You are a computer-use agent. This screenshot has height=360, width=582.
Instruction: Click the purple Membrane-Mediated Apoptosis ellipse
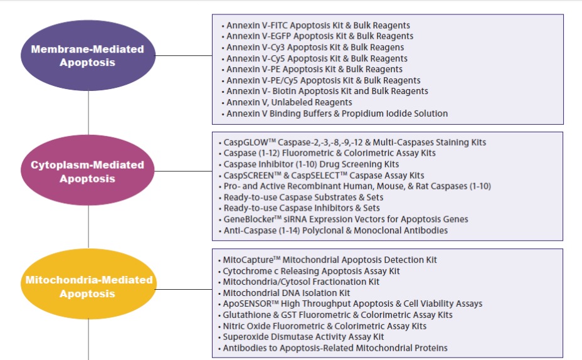pyautogui.click(x=88, y=55)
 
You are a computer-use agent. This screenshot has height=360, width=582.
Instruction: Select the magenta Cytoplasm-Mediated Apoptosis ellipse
pyautogui.click(x=88, y=170)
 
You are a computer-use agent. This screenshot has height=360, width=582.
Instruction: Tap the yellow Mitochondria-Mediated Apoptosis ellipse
pyautogui.click(x=88, y=284)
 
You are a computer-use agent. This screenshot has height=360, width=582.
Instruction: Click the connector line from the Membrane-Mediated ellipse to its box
pyautogui.click(x=184, y=56)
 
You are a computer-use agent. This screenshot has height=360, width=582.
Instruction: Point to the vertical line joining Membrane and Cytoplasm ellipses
pyautogui.click(x=88, y=113)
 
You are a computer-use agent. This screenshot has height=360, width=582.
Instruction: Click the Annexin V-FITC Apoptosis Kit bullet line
pyautogui.click(x=318, y=25)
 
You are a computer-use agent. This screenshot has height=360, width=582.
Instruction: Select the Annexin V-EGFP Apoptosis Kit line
pyautogui.click(x=320, y=36)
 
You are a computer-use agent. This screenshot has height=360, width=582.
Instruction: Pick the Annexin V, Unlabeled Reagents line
pyautogui.click(x=289, y=102)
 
